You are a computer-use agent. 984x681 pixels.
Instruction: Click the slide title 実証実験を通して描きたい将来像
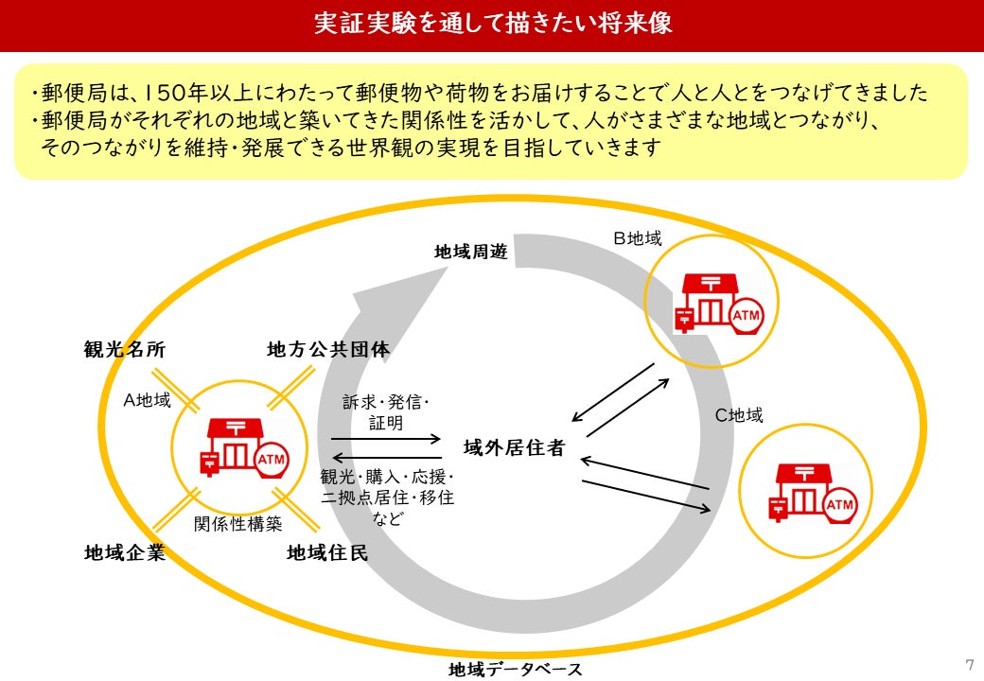point(492,25)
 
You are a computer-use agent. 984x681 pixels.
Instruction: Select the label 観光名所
point(125,350)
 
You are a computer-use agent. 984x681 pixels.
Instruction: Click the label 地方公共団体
point(327,350)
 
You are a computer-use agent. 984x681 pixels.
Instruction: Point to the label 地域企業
point(125,553)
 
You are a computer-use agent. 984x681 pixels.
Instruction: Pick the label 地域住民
point(327,553)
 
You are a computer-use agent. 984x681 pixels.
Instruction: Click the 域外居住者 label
point(514,447)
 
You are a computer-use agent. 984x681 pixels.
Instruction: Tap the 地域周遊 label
point(470,253)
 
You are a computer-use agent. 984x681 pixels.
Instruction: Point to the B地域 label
point(637,238)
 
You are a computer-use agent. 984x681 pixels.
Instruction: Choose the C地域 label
point(738,414)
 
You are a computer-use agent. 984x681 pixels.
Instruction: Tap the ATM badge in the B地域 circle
point(747,315)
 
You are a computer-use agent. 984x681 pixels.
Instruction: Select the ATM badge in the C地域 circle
point(839,506)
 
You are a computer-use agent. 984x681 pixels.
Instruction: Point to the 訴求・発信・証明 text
point(386,412)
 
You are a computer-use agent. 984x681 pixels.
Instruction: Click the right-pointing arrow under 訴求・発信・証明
point(386,438)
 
